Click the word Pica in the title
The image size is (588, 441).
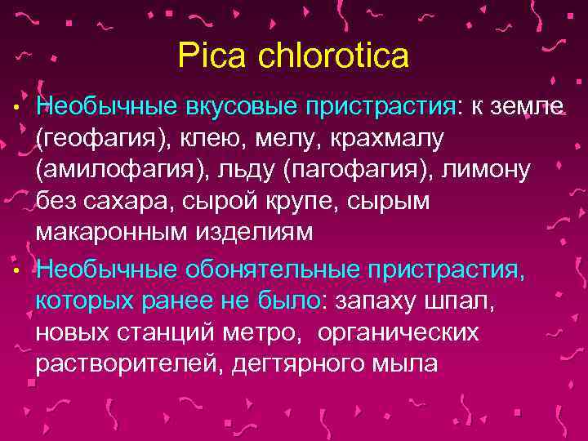pos(207,56)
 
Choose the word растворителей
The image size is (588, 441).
pos(129,363)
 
